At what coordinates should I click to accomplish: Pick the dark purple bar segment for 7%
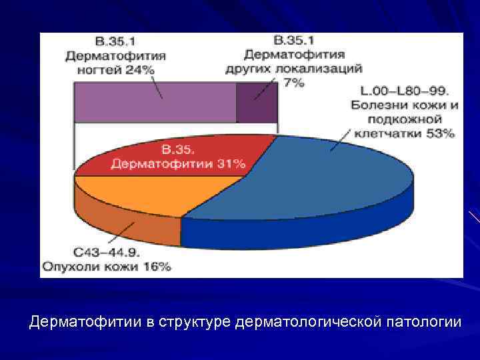(257, 103)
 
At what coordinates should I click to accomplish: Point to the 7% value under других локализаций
(293, 82)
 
